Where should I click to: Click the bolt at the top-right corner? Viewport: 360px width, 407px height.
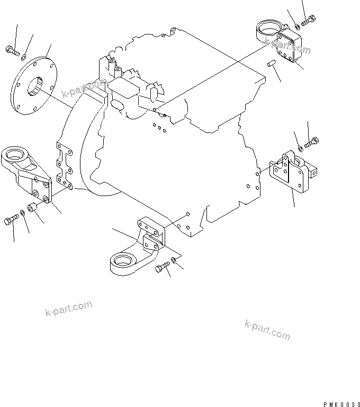(308, 21)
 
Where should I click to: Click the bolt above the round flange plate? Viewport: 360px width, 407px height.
(13, 51)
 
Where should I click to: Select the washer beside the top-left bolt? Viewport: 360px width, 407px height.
(24, 57)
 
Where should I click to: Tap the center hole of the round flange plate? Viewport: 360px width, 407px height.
(35, 86)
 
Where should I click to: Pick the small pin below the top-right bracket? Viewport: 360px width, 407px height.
(272, 63)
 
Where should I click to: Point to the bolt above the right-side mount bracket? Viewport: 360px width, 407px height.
(311, 142)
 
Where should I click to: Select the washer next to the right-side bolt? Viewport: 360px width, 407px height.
(301, 149)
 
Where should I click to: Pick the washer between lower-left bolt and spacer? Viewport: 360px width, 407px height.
(23, 213)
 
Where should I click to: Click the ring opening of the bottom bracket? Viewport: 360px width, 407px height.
(123, 260)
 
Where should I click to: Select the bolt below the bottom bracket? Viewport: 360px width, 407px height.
(163, 267)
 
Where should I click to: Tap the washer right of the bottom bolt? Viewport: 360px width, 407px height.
(174, 260)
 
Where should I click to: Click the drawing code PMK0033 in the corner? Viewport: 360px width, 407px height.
(341, 404)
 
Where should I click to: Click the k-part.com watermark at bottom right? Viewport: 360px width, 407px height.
(267, 330)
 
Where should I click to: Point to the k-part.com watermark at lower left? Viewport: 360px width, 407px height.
(68, 308)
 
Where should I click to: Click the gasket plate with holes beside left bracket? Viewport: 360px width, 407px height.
(65, 165)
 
